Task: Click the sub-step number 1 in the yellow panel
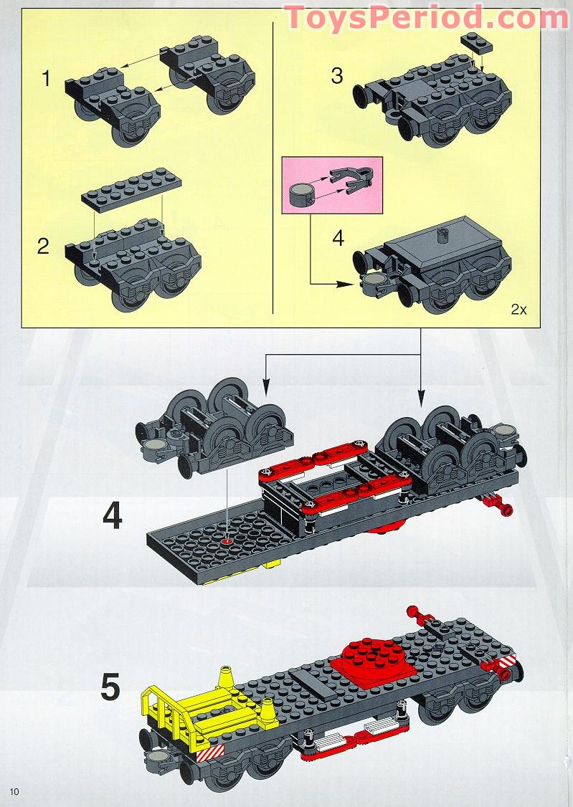pyautogui.click(x=47, y=77)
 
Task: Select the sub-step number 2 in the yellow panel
pyautogui.click(x=44, y=247)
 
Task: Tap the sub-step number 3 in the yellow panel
pyautogui.click(x=336, y=75)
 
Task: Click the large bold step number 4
pyautogui.click(x=112, y=517)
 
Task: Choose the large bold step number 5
pyautogui.click(x=110, y=687)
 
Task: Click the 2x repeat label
pyautogui.click(x=518, y=310)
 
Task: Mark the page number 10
pyautogui.click(x=16, y=791)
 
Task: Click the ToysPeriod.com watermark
pyautogui.click(x=426, y=17)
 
